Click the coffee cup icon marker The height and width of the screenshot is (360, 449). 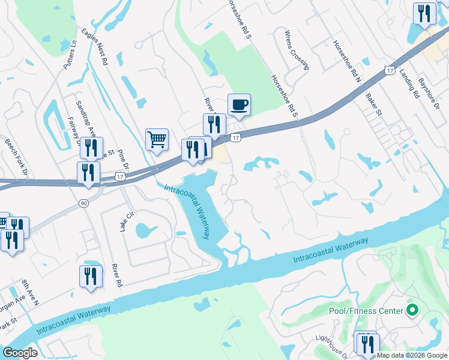(x=239, y=105)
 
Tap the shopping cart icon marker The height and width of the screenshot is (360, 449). (x=157, y=139)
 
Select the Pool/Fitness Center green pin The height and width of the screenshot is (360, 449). (x=412, y=310)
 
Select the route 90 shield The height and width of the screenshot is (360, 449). (x=83, y=204)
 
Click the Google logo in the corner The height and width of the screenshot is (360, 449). (x=19, y=353)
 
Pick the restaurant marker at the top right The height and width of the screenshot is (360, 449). (x=424, y=13)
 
